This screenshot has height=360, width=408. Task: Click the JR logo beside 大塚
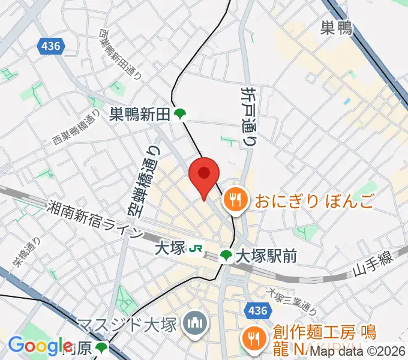(x=195, y=247)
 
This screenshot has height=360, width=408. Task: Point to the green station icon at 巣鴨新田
(x=179, y=113)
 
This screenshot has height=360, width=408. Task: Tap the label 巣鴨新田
(x=139, y=113)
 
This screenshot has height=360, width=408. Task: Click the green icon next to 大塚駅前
(x=226, y=256)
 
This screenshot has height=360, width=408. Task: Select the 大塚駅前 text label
(x=266, y=256)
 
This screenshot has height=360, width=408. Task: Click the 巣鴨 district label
(x=337, y=28)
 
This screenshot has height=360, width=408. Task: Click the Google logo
(x=40, y=346)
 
